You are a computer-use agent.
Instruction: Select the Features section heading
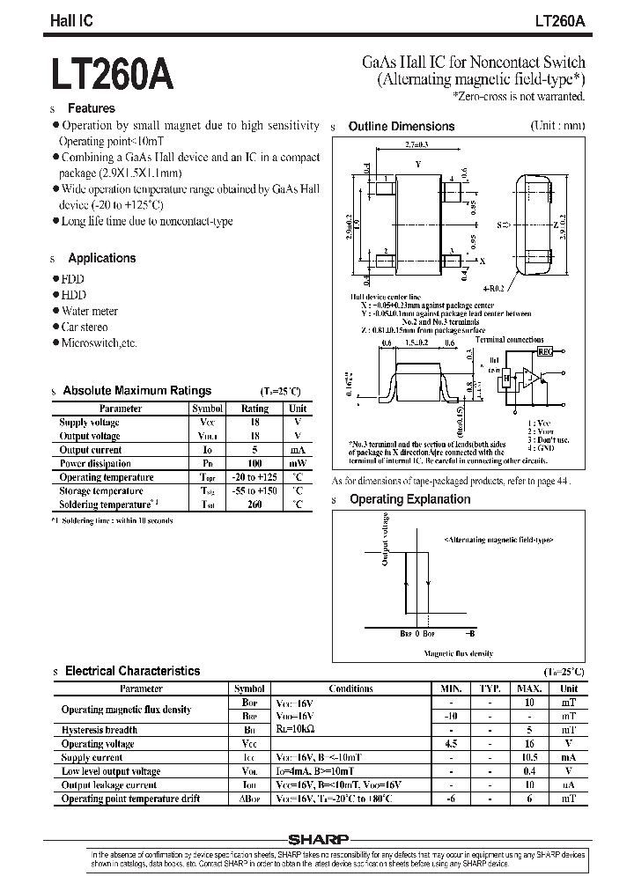pyautogui.click(x=91, y=108)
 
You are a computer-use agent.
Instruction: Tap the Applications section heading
pyautogui.click(x=101, y=258)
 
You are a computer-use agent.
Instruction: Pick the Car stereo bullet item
pyautogui.click(x=85, y=327)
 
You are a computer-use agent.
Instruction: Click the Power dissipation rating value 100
pyautogui.click(x=254, y=463)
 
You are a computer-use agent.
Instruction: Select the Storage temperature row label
pyautogui.click(x=100, y=490)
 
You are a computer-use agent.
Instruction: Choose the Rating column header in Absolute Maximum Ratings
pyautogui.click(x=254, y=409)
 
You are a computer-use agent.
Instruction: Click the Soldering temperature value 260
pyautogui.click(x=254, y=504)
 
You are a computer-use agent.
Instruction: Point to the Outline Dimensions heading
pyautogui.click(x=401, y=127)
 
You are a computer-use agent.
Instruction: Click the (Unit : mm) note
pyautogui.click(x=557, y=126)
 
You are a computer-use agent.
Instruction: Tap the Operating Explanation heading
pyautogui.click(x=409, y=499)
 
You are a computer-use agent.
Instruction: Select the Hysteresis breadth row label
pyautogui.click(x=100, y=730)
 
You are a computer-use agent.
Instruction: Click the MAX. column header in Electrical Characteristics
pyautogui.click(x=528, y=689)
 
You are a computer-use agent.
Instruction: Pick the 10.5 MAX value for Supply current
pyautogui.click(x=528, y=757)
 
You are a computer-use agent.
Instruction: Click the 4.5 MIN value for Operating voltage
pyautogui.click(x=451, y=744)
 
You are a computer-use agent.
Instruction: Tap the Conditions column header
pyautogui.click(x=350, y=689)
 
